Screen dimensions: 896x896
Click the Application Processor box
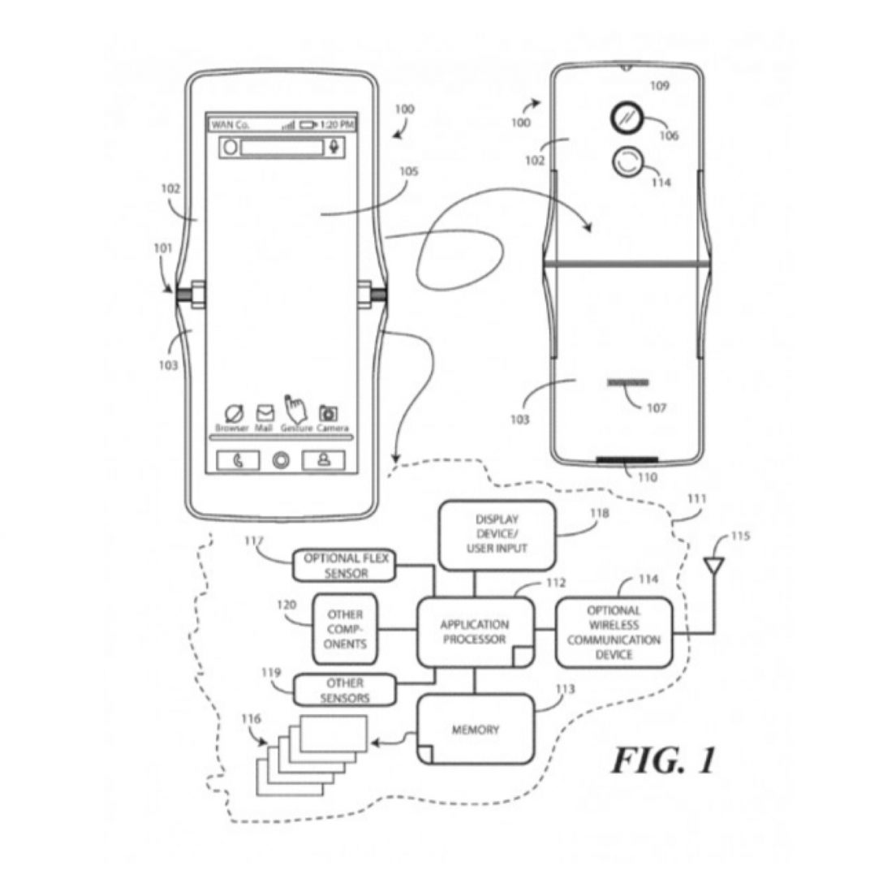475,632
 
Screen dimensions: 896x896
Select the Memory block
476,730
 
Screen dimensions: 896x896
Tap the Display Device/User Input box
497,535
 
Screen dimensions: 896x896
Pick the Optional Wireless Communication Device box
614,632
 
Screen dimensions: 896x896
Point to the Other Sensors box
345,690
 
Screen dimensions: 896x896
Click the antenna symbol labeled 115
714,565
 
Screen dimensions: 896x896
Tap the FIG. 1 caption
663,760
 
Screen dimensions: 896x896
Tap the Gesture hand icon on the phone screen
294,407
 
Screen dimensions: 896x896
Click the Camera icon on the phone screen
329,413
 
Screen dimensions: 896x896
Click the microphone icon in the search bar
334,148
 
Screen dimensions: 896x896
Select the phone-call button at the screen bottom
238,460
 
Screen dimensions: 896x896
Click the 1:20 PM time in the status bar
337,125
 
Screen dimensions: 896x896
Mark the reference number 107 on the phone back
657,407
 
